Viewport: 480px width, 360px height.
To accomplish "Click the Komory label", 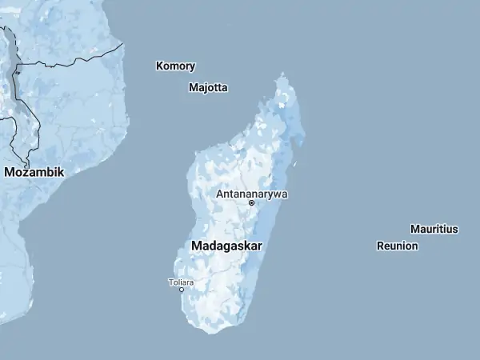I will [x=175, y=66].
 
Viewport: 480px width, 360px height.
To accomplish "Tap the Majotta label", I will [x=208, y=87].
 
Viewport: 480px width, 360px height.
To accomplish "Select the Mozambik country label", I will [x=34, y=172].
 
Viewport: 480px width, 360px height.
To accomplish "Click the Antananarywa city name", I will [x=252, y=194].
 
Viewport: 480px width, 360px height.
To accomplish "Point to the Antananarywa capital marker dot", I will [x=251, y=203].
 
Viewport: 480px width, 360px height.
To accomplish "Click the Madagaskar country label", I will [x=227, y=247].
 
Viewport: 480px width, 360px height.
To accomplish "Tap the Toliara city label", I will [x=181, y=282].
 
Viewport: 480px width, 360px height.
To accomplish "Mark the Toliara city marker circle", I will [x=182, y=290].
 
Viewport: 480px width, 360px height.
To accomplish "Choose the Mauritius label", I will [x=434, y=229].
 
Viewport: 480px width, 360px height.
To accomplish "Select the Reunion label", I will [x=397, y=246].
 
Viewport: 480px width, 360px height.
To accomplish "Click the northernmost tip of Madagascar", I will [x=282, y=75].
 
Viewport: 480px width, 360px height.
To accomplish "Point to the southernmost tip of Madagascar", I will [x=210, y=333].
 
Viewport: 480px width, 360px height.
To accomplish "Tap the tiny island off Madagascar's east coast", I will [x=296, y=165].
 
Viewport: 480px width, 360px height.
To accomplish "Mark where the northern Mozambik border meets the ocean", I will [x=123, y=46].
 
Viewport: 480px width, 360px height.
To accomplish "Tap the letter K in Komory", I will [x=160, y=66].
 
